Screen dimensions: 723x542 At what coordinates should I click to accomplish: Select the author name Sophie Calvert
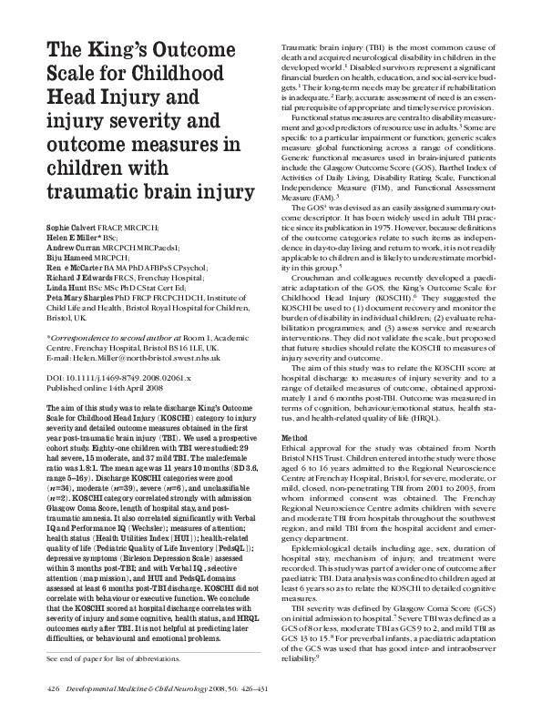tap(73, 223)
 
